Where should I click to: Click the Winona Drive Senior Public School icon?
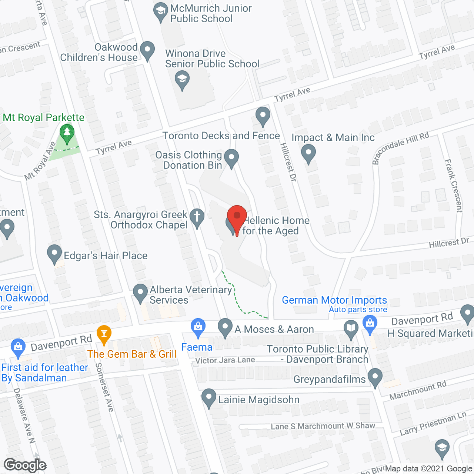182,80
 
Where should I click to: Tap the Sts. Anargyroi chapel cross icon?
197,217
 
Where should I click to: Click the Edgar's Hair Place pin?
54,254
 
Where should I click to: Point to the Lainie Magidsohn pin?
209,398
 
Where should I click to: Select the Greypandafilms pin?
375,377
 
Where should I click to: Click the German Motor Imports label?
334,300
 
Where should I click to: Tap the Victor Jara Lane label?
225,360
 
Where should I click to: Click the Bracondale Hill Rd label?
400,148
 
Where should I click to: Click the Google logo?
25,465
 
